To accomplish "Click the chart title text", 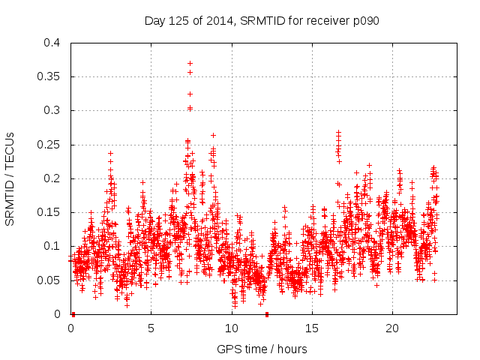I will pos(262,20).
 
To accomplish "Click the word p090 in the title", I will pos(364,20).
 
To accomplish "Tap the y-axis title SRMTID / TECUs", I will pos(11,178).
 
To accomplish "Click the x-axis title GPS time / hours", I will pos(262,349).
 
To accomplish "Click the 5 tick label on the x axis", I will pos(151,328).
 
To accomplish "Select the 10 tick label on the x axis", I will pos(232,328).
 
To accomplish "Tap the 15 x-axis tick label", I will pos(312,328).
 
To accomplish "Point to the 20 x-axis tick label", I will pos(392,328).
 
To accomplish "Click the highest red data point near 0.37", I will pos(190,63).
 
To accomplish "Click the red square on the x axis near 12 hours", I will pos(267,314).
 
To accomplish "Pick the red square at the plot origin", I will pos(73,314).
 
